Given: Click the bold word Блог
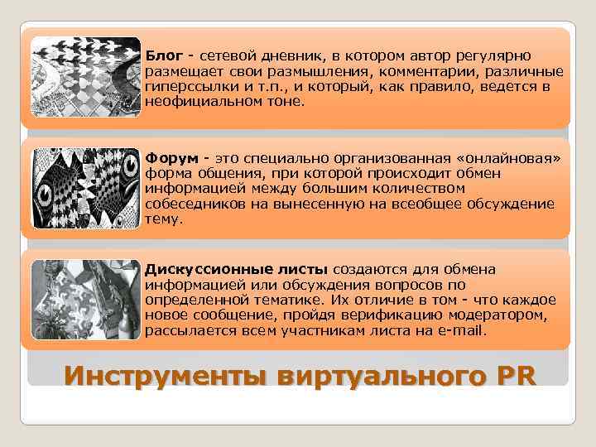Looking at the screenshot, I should (x=163, y=55).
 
